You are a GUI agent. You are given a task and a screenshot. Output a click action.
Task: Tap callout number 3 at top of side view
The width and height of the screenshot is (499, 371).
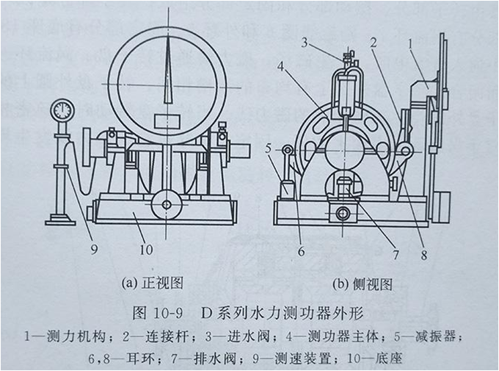(x=304, y=43)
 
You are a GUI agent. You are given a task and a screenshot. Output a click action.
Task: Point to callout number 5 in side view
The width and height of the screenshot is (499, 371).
(x=269, y=149)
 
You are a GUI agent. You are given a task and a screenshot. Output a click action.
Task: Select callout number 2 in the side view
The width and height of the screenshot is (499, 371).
(x=374, y=44)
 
